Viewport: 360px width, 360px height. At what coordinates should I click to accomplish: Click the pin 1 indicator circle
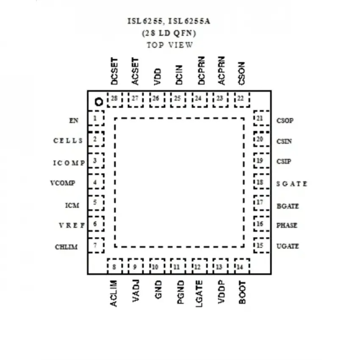(99, 102)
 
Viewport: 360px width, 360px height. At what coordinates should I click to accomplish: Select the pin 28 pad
(115, 100)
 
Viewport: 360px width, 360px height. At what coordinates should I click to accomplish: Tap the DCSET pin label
(114, 71)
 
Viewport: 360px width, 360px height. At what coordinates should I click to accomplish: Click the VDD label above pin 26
(158, 77)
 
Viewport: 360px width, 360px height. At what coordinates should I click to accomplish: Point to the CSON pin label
(241, 73)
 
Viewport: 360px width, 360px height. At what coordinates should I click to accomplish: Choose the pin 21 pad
(262, 118)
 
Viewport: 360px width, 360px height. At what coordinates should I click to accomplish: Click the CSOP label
(285, 121)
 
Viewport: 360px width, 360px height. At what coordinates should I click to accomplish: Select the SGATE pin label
(291, 184)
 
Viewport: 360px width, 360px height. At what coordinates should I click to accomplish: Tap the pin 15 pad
(262, 245)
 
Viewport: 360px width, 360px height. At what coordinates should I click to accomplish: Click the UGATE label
(288, 246)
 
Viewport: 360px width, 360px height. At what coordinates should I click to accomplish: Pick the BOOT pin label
(242, 292)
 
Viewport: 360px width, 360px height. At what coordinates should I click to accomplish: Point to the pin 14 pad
(242, 266)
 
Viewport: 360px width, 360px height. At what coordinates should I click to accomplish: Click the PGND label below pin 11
(181, 292)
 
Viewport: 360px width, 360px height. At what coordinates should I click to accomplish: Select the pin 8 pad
(115, 266)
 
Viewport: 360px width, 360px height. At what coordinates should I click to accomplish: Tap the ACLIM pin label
(114, 294)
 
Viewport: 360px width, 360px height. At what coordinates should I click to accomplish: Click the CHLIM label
(66, 247)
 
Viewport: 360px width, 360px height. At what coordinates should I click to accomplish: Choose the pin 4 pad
(96, 181)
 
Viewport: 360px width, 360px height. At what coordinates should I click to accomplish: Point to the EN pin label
(74, 121)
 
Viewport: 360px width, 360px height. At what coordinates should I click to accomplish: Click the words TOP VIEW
(170, 45)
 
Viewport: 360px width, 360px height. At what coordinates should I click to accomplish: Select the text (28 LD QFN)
(169, 33)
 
